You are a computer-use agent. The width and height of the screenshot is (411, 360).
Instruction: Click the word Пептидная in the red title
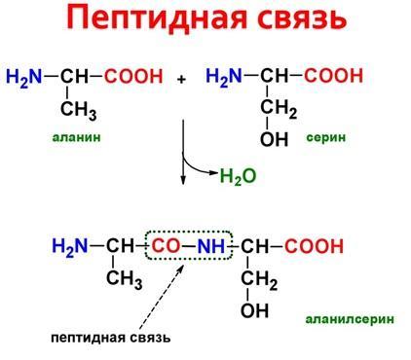tap(157, 18)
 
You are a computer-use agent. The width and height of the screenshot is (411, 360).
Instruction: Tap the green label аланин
tap(77, 137)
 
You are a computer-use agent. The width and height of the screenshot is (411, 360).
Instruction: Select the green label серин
tap(326, 137)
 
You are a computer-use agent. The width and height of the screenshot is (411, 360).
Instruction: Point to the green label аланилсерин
tap(350, 319)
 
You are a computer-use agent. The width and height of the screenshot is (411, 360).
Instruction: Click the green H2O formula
tap(238, 176)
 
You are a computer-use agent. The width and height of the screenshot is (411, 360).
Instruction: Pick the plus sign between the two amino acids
tap(182, 79)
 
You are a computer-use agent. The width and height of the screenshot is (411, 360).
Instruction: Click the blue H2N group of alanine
tap(24, 78)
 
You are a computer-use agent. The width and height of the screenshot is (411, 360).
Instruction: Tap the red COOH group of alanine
tap(133, 76)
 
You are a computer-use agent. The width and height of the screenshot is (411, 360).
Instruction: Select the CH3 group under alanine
tap(79, 111)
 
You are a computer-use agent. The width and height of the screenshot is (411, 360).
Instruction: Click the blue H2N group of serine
tap(224, 77)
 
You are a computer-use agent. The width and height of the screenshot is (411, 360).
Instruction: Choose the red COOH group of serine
tap(333, 76)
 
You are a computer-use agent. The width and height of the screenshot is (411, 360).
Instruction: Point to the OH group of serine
tap(274, 139)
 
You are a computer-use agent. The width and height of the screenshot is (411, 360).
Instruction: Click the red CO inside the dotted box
tap(166, 246)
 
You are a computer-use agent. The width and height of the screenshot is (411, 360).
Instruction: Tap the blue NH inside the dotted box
tap(211, 246)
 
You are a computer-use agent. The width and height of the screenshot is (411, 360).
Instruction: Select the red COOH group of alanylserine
tap(314, 246)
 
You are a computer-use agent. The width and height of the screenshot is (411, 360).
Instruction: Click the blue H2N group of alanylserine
tap(70, 247)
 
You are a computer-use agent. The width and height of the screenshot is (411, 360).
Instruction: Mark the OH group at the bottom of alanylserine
tap(254, 309)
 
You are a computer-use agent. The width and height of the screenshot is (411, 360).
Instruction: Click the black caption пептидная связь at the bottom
tap(111, 338)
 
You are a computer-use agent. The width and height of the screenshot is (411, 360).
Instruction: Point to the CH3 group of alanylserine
tap(125, 279)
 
